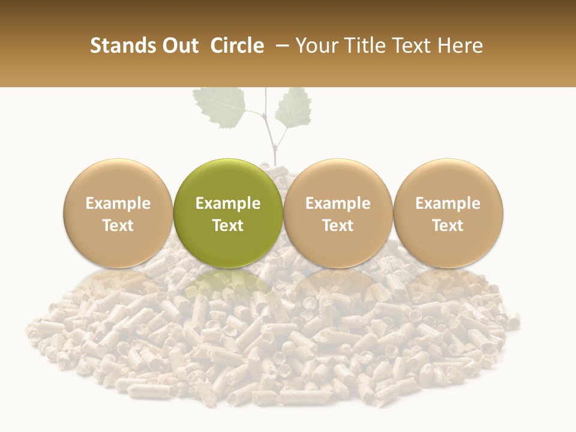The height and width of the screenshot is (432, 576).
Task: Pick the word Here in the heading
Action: click(460, 46)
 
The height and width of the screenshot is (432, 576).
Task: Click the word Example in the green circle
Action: click(228, 203)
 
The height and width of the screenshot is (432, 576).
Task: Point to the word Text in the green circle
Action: click(228, 226)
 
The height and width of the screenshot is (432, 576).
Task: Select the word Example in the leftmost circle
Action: click(118, 203)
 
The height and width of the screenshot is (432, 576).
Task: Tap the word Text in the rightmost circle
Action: click(448, 226)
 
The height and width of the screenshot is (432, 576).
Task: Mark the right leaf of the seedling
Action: click(294, 108)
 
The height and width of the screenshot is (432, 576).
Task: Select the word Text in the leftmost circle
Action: click(118, 226)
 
